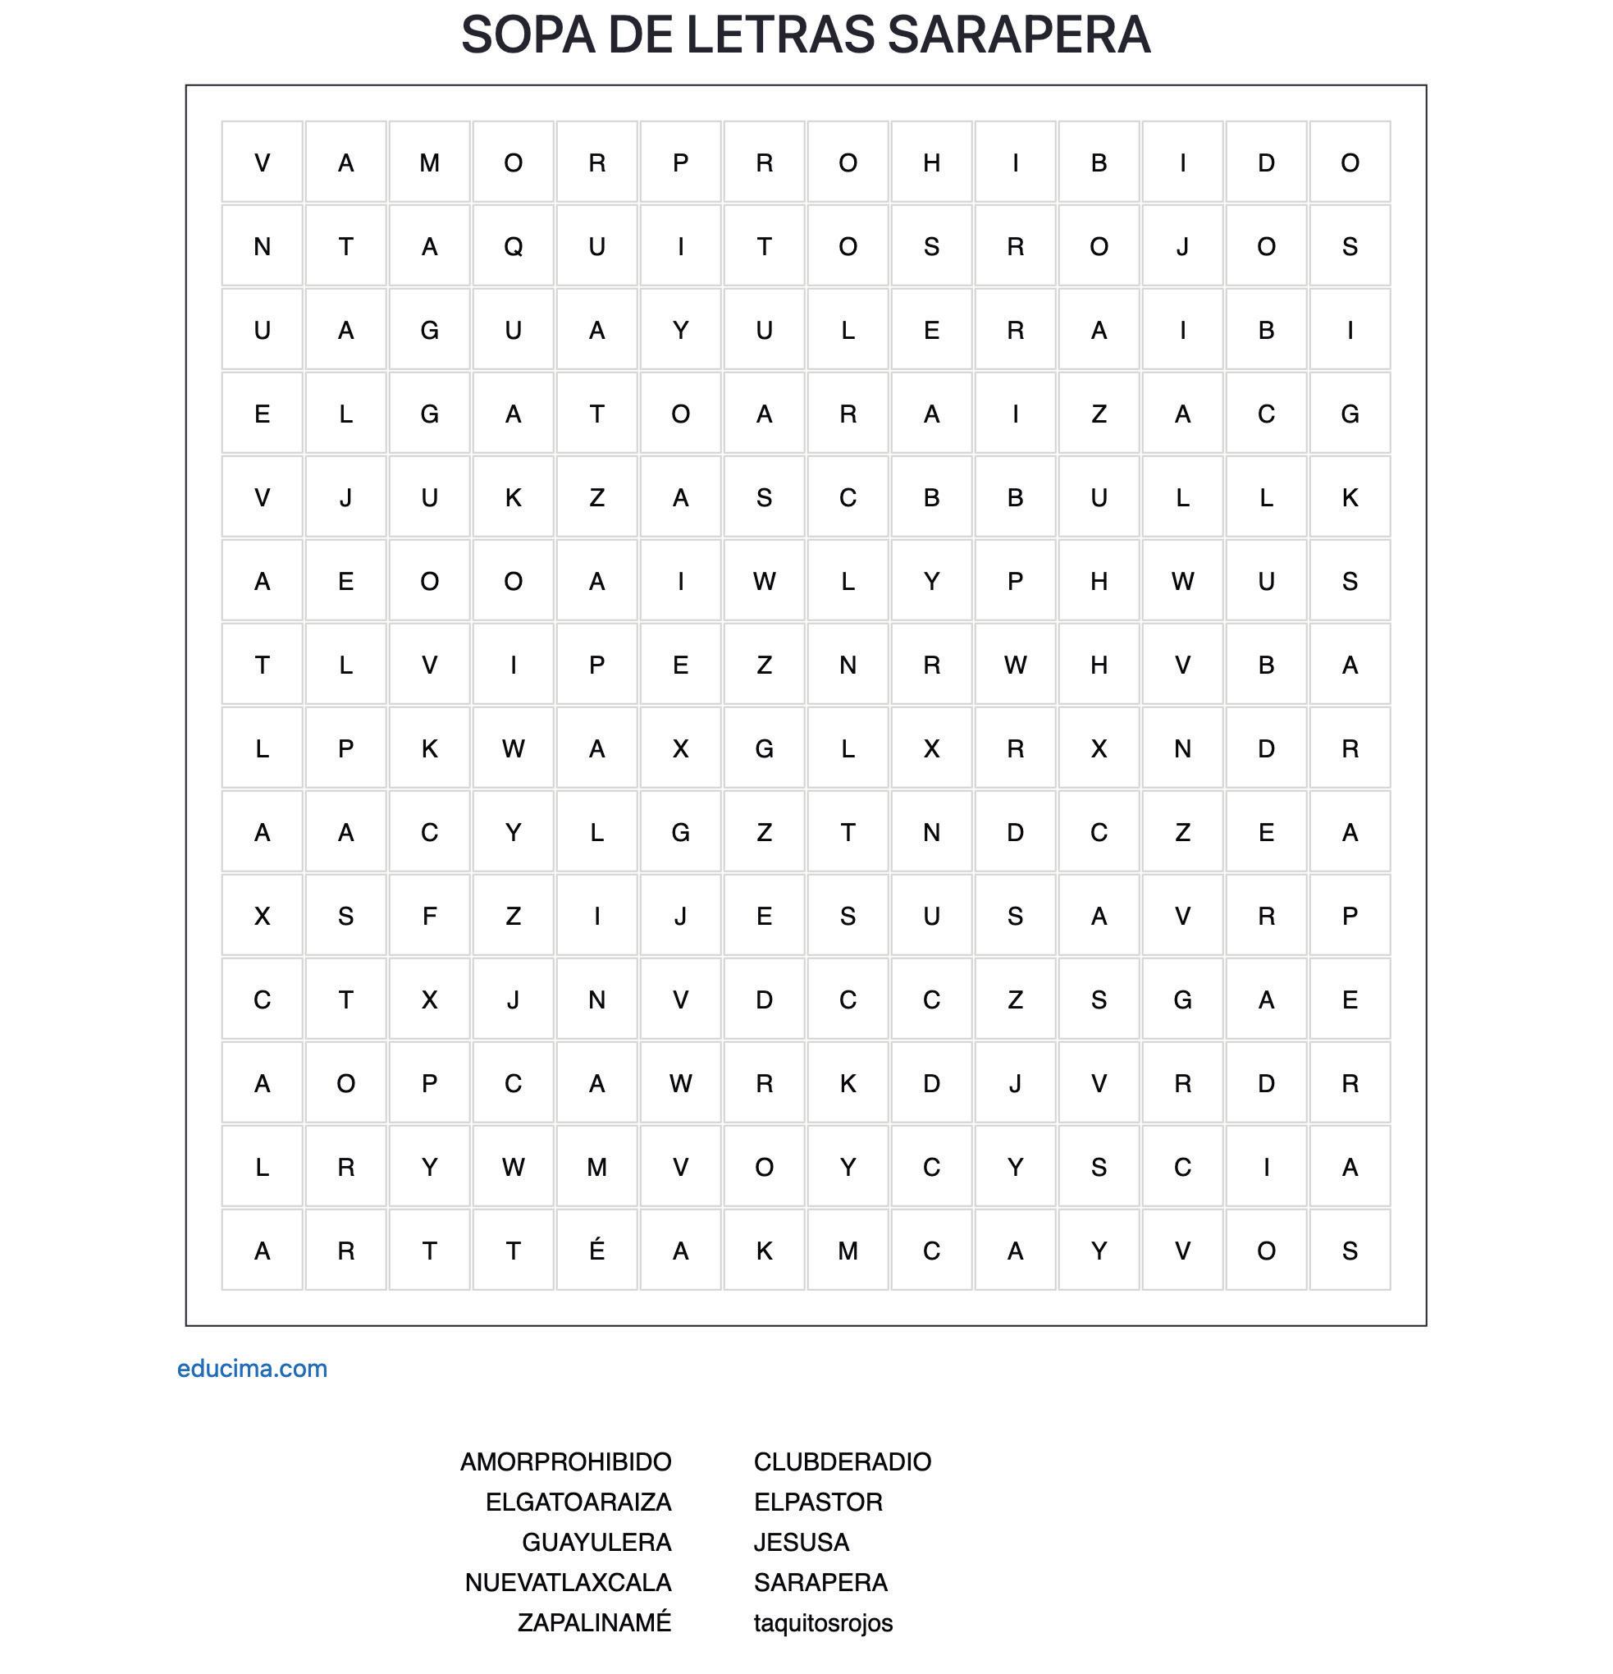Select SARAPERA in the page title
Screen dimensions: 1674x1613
click(x=1019, y=35)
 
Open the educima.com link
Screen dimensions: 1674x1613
click(x=252, y=1368)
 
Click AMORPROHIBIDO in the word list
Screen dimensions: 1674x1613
click(x=565, y=1461)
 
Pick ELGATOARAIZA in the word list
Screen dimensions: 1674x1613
click(x=578, y=1502)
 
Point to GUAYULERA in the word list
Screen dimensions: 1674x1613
click(x=596, y=1542)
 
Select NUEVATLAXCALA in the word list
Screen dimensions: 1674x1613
click(x=568, y=1582)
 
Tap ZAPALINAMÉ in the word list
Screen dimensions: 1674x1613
click(x=594, y=1622)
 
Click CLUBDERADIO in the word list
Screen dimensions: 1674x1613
click(x=842, y=1461)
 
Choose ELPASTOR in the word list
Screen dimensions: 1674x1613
click(x=818, y=1502)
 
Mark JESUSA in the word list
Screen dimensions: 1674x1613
click(x=801, y=1542)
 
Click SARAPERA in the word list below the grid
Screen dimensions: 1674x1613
click(x=820, y=1582)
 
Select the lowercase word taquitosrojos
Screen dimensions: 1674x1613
click(x=823, y=1622)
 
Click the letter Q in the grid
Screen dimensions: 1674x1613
click(x=513, y=247)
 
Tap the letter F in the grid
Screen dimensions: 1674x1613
click(x=430, y=917)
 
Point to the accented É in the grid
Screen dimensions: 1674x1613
click(x=596, y=1251)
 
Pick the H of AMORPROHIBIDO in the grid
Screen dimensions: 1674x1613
click(x=931, y=163)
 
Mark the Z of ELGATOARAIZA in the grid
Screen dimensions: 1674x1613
click(x=1099, y=414)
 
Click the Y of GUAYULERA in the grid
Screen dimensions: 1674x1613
click(x=680, y=331)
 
